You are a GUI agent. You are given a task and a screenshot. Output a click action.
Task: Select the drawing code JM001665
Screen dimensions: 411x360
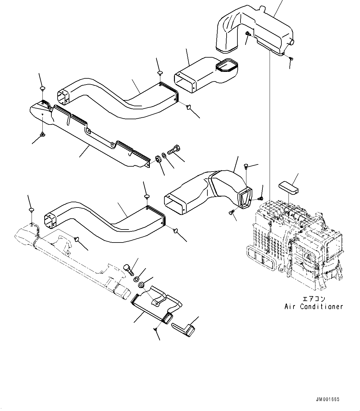tap(328, 399)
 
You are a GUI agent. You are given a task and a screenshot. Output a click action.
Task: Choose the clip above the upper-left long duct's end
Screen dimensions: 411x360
tap(42, 89)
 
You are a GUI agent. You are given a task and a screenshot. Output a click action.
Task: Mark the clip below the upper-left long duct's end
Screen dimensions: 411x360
tap(42, 134)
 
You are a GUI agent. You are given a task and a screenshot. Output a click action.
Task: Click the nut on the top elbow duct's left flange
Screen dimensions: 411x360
tap(248, 34)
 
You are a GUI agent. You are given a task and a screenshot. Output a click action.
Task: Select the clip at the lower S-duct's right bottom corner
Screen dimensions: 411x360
tap(176, 230)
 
